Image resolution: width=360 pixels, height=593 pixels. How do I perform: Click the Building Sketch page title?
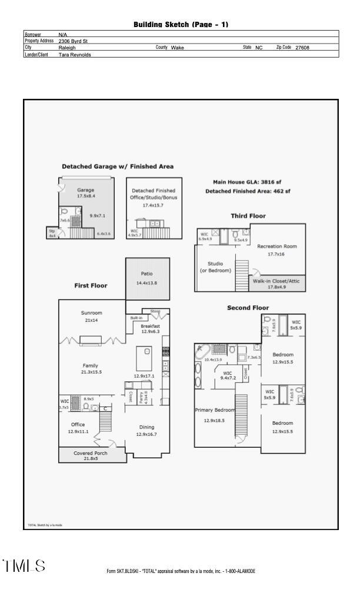click(181, 24)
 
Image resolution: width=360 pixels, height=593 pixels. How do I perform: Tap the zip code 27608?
click(302, 48)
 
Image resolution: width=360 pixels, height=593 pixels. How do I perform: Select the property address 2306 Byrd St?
click(74, 41)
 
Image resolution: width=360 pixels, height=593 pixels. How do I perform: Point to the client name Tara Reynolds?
click(75, 54)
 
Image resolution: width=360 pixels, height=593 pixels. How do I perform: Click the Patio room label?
click(147, 274)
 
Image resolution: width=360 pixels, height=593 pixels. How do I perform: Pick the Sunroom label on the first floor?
click(92, 313)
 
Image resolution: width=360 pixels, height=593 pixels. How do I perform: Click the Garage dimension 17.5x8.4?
click(86, 196)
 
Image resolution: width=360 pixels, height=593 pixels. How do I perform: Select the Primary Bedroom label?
click(215, 410)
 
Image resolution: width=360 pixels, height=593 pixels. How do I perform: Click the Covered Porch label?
click(90, 453)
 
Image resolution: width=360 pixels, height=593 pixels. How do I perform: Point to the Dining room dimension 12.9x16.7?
click(146, 434)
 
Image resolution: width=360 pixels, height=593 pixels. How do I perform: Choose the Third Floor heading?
click(248, 216)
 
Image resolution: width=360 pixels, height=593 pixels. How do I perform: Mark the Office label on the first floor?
click(78, 424)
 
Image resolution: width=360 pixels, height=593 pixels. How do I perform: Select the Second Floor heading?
click(248, 308)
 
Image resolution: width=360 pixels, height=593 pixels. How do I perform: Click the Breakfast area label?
click(150, 326)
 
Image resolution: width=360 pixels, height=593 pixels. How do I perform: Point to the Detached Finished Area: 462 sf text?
click(247, 192)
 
